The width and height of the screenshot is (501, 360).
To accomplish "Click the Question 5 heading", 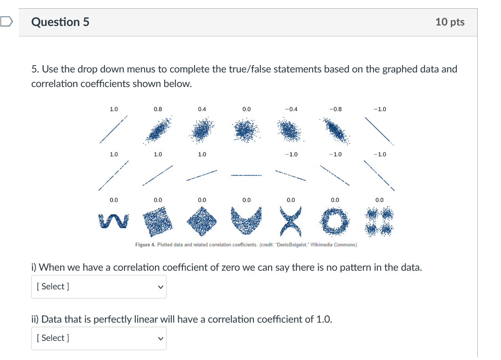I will coord(60,22).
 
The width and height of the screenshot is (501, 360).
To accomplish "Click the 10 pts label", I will coord(449,22).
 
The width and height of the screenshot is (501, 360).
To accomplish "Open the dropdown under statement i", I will coord(98,287).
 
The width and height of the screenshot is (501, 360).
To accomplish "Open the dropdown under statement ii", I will coord(98,338).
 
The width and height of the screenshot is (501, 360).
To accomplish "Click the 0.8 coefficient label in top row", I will coord(158,109).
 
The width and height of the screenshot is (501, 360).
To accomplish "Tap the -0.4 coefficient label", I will coord(290,109).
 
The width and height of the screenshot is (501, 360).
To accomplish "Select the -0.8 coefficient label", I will coord(335,109).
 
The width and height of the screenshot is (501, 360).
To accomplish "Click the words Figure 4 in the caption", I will coord(145,245).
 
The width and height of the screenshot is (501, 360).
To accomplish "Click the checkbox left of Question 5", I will coord(5,21).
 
